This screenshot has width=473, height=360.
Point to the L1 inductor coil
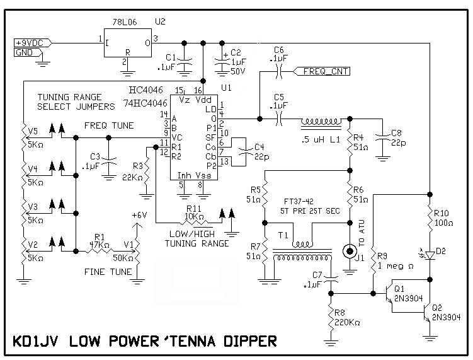tap(321, 120)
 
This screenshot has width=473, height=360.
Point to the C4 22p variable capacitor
tap(247, 151)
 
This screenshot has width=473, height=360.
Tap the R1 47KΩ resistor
tap(98, 251)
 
